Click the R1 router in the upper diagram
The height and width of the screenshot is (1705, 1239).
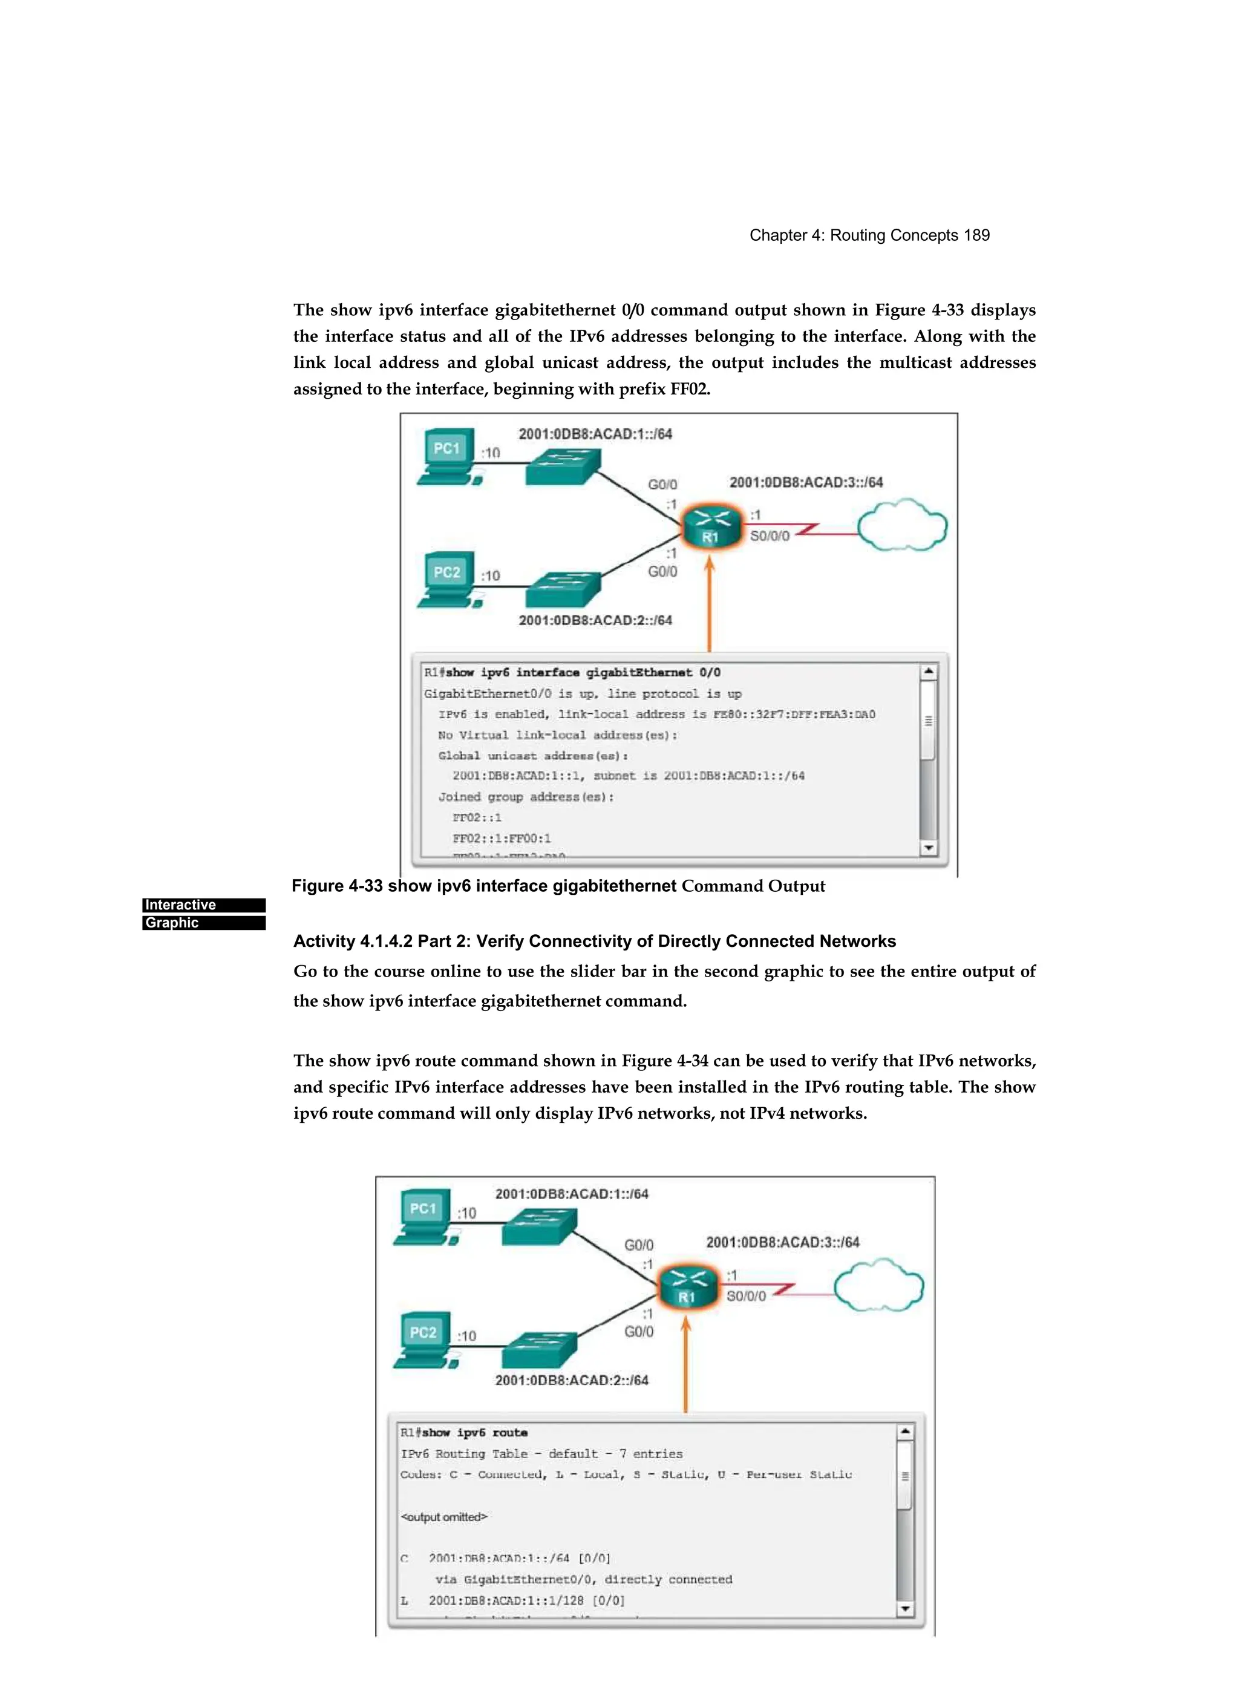click(x=710, y=526)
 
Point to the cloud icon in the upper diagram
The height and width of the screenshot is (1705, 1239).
click(x=901, y=526)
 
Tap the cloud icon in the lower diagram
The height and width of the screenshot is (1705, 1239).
click(x=878, y=1286)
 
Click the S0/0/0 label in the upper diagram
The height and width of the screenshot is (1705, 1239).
click(x=770, y=536)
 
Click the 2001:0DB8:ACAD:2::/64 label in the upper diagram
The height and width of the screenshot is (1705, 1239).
click(x=595, y=620)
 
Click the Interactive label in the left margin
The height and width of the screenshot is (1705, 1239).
click(x=180, y=905)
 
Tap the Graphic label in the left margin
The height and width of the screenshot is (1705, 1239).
click(x=172, y=923)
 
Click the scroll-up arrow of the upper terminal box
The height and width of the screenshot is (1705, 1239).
click(x=929, y=670)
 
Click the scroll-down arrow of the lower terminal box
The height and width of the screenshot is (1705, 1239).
click(x=905, y=1609)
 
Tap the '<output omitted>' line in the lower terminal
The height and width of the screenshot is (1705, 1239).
click(x=443, y=1517)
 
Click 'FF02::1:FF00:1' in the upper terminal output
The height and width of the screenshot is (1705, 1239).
click(x=502, y=838)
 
